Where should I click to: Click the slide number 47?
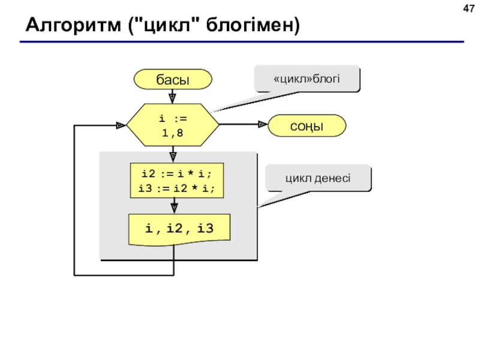[469, 8]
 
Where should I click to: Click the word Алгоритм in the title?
[73, 25]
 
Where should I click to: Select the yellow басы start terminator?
[173, 79]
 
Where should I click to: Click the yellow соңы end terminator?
[307, 125]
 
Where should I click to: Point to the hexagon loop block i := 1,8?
[173, 125]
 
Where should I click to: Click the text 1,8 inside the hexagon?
[173, 133]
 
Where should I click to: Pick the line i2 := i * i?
[176, 174]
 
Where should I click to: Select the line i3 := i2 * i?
[176, 188]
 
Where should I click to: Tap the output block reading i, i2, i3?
[179, 230]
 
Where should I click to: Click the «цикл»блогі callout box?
[307, 79]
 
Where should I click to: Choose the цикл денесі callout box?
[319, 178]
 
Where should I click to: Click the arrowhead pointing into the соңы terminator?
[263, 124]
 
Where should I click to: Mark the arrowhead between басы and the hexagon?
[172, 98]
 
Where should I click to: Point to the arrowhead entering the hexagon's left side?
[121, 125]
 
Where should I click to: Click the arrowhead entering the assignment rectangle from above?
[173, 157]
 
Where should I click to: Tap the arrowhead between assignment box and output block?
[174, 208]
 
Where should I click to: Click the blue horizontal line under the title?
[242, 41]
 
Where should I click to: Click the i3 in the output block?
[205, 229]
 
